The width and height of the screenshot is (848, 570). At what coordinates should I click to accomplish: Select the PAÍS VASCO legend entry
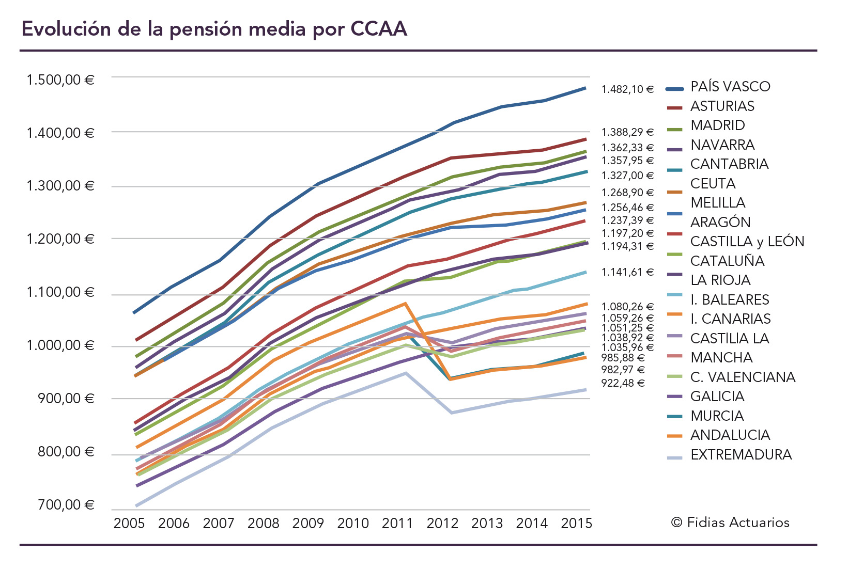[730, 87]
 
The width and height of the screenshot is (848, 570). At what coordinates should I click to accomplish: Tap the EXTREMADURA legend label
[741, 455]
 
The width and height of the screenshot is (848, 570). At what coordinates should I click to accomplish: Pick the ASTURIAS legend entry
[722, 106]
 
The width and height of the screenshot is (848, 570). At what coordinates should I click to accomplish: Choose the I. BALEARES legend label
[729, 300]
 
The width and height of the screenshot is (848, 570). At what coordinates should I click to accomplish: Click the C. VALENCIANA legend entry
[742, 377]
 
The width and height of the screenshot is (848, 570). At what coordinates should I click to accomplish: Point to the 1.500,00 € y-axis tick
[60, 80]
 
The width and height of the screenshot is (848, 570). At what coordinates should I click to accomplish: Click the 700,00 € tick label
[66, 505]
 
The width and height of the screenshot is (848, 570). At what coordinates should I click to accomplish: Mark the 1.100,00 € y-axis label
[60, 293]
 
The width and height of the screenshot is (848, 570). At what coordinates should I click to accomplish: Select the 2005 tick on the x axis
[129, 524]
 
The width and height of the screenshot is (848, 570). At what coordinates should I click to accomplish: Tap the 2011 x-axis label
[397, 524]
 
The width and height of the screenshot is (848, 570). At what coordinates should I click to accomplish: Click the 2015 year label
[576, 524]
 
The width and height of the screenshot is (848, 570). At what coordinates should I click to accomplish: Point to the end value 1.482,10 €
[627, 90]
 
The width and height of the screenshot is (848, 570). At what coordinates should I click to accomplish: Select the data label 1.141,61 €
[627, 272]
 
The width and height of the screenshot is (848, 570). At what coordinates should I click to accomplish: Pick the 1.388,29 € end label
[627, 133]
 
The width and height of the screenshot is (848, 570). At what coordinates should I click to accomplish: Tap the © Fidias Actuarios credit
[730, 522]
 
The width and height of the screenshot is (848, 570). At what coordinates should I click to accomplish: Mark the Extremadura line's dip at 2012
[452, 413]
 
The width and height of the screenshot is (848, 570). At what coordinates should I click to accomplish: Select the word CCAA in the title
[379, 29]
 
